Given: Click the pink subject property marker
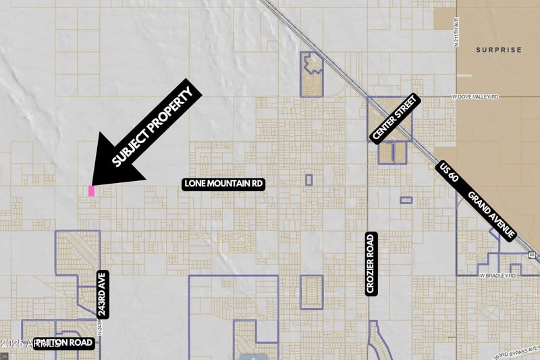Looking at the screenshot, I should click(91, 191).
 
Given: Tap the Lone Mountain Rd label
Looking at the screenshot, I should click(223, 184).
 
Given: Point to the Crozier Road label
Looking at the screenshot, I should click(370, 263).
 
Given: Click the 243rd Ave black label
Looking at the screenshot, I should click(102, 295).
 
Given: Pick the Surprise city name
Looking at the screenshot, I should click(498, 50).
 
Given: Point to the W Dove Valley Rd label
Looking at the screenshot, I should click(475, 97).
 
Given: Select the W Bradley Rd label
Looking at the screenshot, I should click(497, 276).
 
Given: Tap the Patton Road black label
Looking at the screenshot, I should click(63, 343).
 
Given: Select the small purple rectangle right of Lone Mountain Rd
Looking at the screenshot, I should click(308, 180).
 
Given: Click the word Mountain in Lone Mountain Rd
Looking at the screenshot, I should click(223, 184).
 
